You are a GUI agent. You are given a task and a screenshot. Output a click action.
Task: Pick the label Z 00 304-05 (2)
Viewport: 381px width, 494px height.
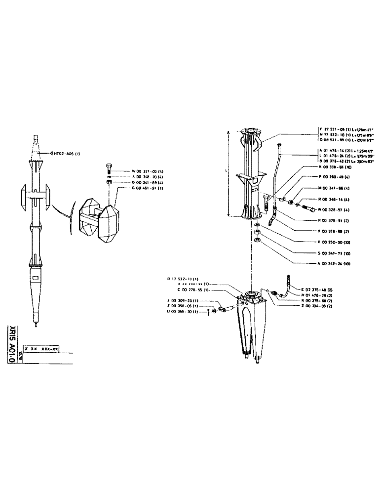click(x=321, y=306)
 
